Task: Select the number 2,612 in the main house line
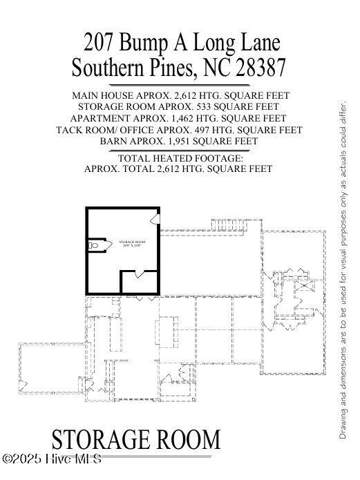183,95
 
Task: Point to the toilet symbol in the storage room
95,244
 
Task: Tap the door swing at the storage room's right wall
155,219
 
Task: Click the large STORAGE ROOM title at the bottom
136,441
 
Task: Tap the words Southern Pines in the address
132,68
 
